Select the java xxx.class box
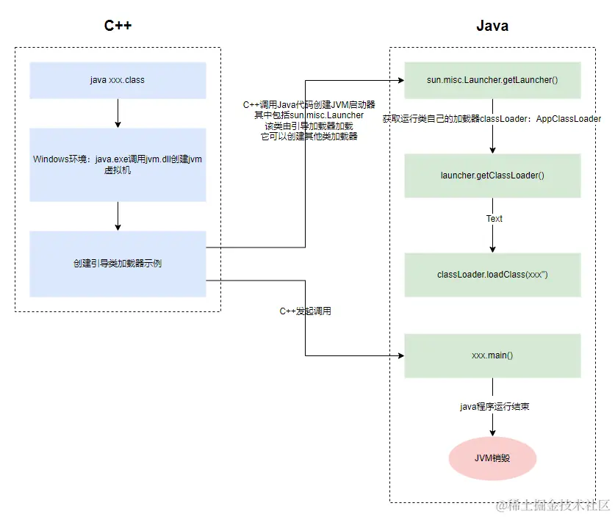pos(118,80)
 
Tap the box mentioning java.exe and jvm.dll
pos(118,164)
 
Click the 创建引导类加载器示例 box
pos(118,264)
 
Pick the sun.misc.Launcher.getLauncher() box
pos(492,80)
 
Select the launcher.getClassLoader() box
pos(492,176)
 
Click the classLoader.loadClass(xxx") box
pos(492,275)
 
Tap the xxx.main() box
pos(492,355)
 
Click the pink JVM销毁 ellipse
pos(492,458)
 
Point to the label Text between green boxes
pos(494,219)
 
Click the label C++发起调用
pos(305,311)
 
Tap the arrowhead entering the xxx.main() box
pos(400,356)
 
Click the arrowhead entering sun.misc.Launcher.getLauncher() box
pos(400,80)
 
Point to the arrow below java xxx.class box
pos(118,113)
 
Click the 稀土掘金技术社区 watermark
pos(553,506)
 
